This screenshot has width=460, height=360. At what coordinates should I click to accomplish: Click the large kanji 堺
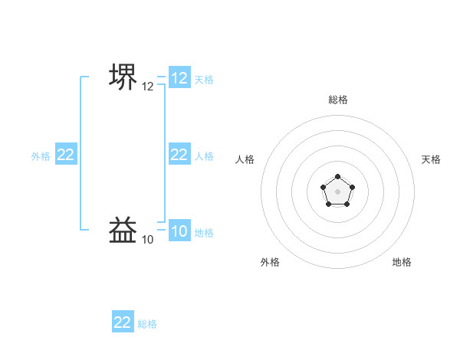click(123, 77)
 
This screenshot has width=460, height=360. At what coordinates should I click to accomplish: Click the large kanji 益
click(123, 231)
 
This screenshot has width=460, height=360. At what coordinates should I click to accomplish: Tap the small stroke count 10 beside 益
click(148, 240)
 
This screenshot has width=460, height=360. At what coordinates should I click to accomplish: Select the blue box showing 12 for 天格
click(179, 78)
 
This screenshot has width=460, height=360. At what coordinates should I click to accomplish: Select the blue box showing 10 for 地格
click(179, 231)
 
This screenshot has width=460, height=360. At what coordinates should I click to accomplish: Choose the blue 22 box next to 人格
click(179, 155)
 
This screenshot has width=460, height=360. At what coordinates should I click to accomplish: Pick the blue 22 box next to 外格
click(66, 155)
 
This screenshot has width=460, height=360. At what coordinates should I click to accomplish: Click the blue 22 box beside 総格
click(123, 322)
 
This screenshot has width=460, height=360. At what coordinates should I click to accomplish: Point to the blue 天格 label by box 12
click(204, 79)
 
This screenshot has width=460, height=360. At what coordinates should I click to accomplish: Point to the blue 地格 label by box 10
click(204, 232)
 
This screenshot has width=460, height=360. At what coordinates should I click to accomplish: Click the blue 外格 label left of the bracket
click(41, 155)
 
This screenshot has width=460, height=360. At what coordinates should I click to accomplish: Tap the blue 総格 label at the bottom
click(147, 323)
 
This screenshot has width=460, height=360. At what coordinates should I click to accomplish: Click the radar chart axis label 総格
click(338, 100)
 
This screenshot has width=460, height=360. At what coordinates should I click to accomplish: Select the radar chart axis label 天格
click(431, 159)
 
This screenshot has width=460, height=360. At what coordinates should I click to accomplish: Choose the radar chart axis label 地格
click(402, 262)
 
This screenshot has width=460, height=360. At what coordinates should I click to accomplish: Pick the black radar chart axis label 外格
click(270, 262)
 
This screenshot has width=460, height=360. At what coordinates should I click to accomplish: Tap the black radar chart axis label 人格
click(245, 159)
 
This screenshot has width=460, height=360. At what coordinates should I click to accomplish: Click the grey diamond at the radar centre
click(338, 191)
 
